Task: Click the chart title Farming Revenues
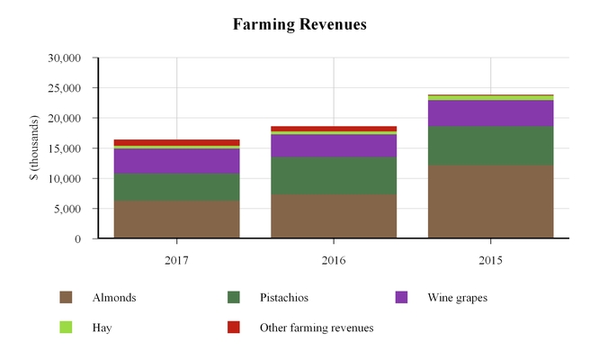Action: point(299,24)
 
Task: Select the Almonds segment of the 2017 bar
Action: point(176,220)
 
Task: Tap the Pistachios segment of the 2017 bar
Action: point(176,186)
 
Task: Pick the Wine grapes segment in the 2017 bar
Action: point(176,160)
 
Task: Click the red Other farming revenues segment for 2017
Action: point(176,142)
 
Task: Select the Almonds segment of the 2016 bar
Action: point(334,216)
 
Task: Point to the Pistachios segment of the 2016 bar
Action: point(334,175)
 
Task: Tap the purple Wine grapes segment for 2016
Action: point(334,146)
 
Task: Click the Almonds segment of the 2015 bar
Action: point(490,202)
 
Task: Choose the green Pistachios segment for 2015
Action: point(490,146)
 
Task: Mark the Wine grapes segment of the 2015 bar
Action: point(490,113)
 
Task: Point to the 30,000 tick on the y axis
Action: point(64,58)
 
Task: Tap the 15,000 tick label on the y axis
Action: point(64,148)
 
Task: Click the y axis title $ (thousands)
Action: point(34,148)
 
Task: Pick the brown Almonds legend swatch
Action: point(66,298)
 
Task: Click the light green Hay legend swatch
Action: point(66,328)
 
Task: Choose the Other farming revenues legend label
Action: point(316,328)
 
